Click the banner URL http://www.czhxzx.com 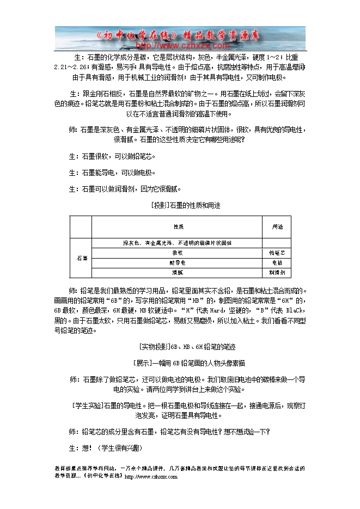point(180,45)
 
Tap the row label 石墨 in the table point(81,257)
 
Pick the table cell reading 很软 point(178,253)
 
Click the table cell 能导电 point(178,262)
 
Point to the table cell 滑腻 point(178,272)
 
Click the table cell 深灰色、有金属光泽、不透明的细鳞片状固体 point(178,242)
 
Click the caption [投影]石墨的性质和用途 point(180,206)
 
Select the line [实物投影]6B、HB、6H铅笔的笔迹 point(180,346)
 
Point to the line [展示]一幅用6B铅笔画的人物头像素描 point(180,363)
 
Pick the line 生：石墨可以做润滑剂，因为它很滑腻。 point(124,189)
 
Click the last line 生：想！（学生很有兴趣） point(105,447)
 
